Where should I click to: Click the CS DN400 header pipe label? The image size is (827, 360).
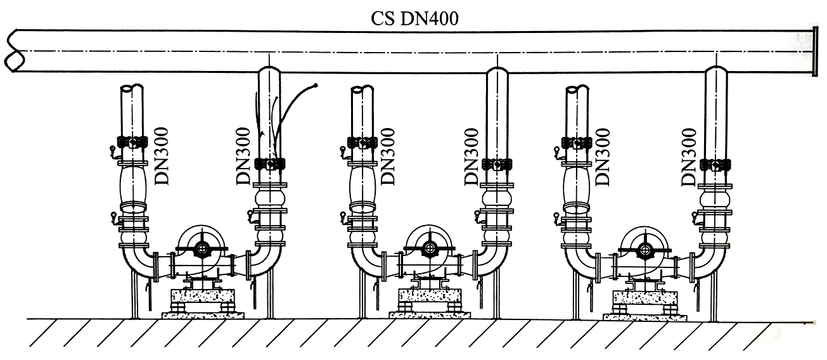point(414,18)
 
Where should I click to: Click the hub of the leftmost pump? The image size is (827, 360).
point(202,248)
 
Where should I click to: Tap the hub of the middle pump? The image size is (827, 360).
point(429,248)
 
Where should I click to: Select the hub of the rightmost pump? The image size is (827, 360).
point(644,249)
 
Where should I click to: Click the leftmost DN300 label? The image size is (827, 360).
point(162,156)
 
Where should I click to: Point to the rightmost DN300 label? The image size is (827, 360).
point(689,157)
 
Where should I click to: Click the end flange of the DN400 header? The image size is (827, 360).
point(815,51)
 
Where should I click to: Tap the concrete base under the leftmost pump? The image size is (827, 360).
point(203,297)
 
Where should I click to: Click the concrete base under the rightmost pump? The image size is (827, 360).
point(645,297)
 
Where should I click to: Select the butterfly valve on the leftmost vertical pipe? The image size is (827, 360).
point(132,142)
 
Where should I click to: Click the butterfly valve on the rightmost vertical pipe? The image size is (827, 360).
point(715,164)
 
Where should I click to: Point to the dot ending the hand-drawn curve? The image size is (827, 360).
point(316,86)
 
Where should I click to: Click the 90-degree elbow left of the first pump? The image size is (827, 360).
point(138,261)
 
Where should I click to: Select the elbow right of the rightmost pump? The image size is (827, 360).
point(710,263)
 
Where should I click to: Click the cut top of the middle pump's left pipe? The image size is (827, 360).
point(362,90)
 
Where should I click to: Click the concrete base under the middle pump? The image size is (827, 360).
point(430,296)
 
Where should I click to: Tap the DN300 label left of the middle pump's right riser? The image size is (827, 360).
point(471,157)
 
